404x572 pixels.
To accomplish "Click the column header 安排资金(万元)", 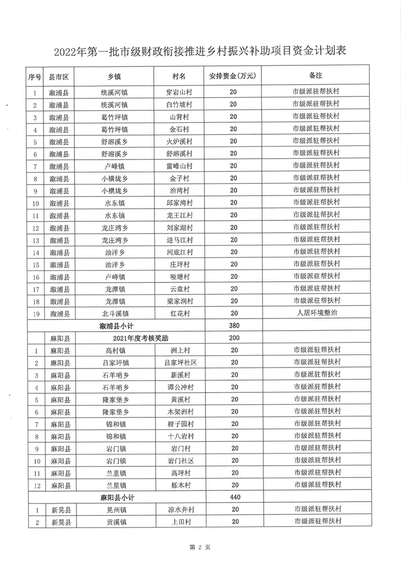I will point(232,76).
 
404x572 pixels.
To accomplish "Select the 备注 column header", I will point(316,76).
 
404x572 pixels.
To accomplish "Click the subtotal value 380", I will point(233,325).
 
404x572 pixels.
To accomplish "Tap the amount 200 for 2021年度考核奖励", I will point(234,337).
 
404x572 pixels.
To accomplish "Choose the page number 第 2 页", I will point(200,548).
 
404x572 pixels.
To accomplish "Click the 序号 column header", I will point(34,76).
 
